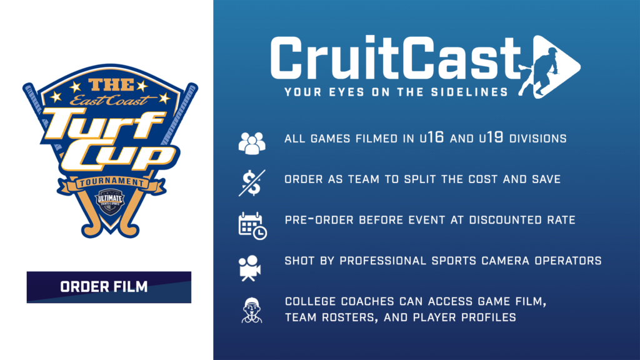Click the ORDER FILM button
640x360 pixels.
tap(109, 287)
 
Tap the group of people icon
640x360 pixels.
tap(252, 143)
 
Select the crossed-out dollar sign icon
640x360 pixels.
tap(252, 183)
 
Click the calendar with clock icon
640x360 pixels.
tap(252, 226)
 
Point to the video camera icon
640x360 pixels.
tap(249, 268)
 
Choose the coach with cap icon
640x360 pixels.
tap(252, 310)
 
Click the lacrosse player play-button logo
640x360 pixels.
tap(549, 67)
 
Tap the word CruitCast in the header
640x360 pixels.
tap(396, 58)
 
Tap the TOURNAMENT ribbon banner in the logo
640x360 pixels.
tap(111, 183)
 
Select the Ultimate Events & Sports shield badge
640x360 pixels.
tap(110, 202)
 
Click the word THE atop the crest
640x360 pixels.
tap(111, 85)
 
